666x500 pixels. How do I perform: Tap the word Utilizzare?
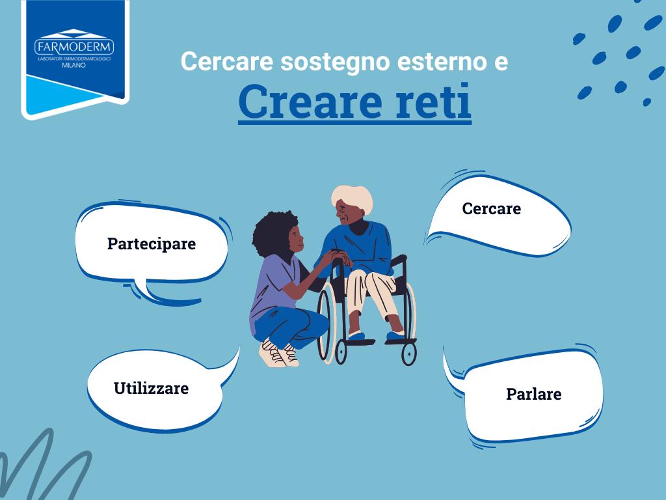tap(151, 388)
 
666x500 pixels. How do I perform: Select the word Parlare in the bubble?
tap(533, 394)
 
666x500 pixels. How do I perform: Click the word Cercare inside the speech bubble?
tap(492, 209)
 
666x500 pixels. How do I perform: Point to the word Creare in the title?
tap(310, 102)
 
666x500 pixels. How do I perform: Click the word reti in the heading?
tap(433, 102)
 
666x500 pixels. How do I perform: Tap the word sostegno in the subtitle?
tap(335, 62)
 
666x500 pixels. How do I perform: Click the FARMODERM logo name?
tap(74, 46)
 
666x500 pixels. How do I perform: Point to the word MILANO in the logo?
tap(74, 66)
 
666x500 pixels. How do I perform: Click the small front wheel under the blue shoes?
tap(408, 353)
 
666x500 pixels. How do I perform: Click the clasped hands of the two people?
tap(337, 258)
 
